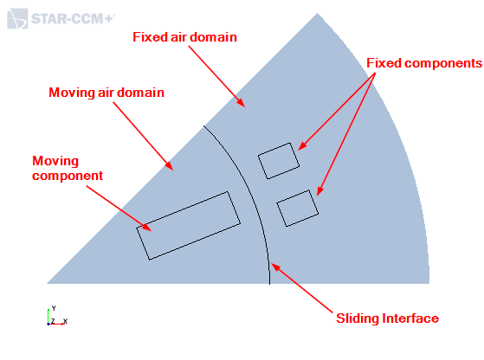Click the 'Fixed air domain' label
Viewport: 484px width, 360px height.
pos(184,37)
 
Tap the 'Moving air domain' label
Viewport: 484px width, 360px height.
pos(106,93)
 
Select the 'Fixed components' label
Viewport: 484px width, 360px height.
pos(424,63)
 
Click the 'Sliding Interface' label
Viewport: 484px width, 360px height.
pos(387,318)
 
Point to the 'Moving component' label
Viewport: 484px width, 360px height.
pos(68,169)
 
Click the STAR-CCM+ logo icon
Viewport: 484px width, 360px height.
pos(17,18)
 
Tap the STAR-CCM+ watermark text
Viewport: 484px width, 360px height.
pos(73,19)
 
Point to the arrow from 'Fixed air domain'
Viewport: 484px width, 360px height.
pos(216,76)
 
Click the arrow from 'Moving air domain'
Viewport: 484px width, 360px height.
pos(143,136)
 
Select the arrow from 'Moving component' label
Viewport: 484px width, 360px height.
pos(119,209)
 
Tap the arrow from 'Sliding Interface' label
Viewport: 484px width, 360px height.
pos(302,288)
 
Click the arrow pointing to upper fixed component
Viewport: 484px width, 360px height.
pos(337,112)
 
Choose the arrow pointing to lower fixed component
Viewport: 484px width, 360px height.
pos(346,134)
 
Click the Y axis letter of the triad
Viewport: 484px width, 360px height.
pos(54,308)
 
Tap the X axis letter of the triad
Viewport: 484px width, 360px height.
pos(65,321)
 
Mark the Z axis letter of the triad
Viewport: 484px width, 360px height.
pos(53,321)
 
